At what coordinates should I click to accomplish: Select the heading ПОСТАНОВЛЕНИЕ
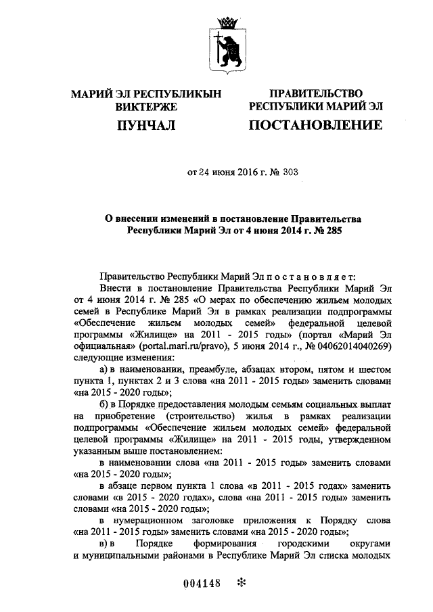[x=315, y=124]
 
